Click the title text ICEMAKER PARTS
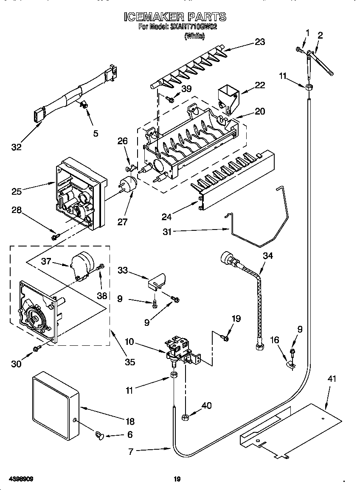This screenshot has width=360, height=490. tap(175, 17)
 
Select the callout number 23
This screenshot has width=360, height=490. tap(259, 42)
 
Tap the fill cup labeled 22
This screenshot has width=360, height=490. tap(228, 99)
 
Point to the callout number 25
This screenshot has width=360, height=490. tap(17, 191)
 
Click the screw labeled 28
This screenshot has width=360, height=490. tap(54, 237)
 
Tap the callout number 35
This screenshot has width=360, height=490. tap(129, 362)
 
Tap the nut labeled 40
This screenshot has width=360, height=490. tap(185, 417)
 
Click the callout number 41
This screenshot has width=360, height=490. tap(332, 378)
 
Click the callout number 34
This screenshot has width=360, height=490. tap(268, 255)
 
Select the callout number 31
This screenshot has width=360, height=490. tap(167, 232)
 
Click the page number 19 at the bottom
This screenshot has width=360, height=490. tap(177, 479)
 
